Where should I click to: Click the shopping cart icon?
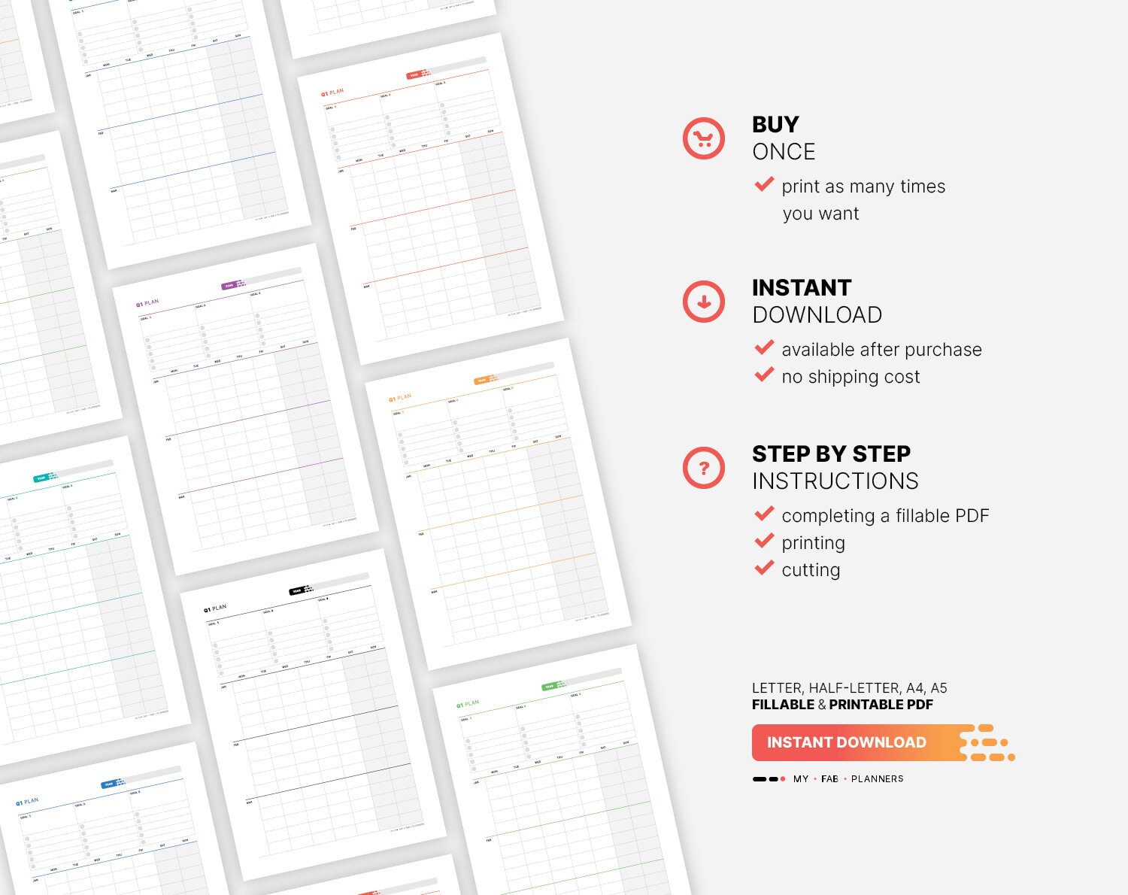703,138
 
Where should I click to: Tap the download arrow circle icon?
703,302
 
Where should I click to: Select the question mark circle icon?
703,468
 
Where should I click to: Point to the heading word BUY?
775,124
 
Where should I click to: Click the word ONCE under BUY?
784,152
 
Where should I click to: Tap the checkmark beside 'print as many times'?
764,184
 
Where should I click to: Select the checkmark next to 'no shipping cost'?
764,375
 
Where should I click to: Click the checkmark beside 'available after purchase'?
764,347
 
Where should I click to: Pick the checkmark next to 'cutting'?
764,568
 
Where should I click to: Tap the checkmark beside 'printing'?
764,541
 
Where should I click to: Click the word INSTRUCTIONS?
835,481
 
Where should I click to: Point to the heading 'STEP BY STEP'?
831,454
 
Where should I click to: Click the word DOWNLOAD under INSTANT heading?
817,315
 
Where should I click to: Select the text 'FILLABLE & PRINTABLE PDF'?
842,705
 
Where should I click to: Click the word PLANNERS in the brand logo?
877,779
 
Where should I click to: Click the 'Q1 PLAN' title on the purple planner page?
147,303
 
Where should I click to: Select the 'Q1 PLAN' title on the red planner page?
332,93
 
